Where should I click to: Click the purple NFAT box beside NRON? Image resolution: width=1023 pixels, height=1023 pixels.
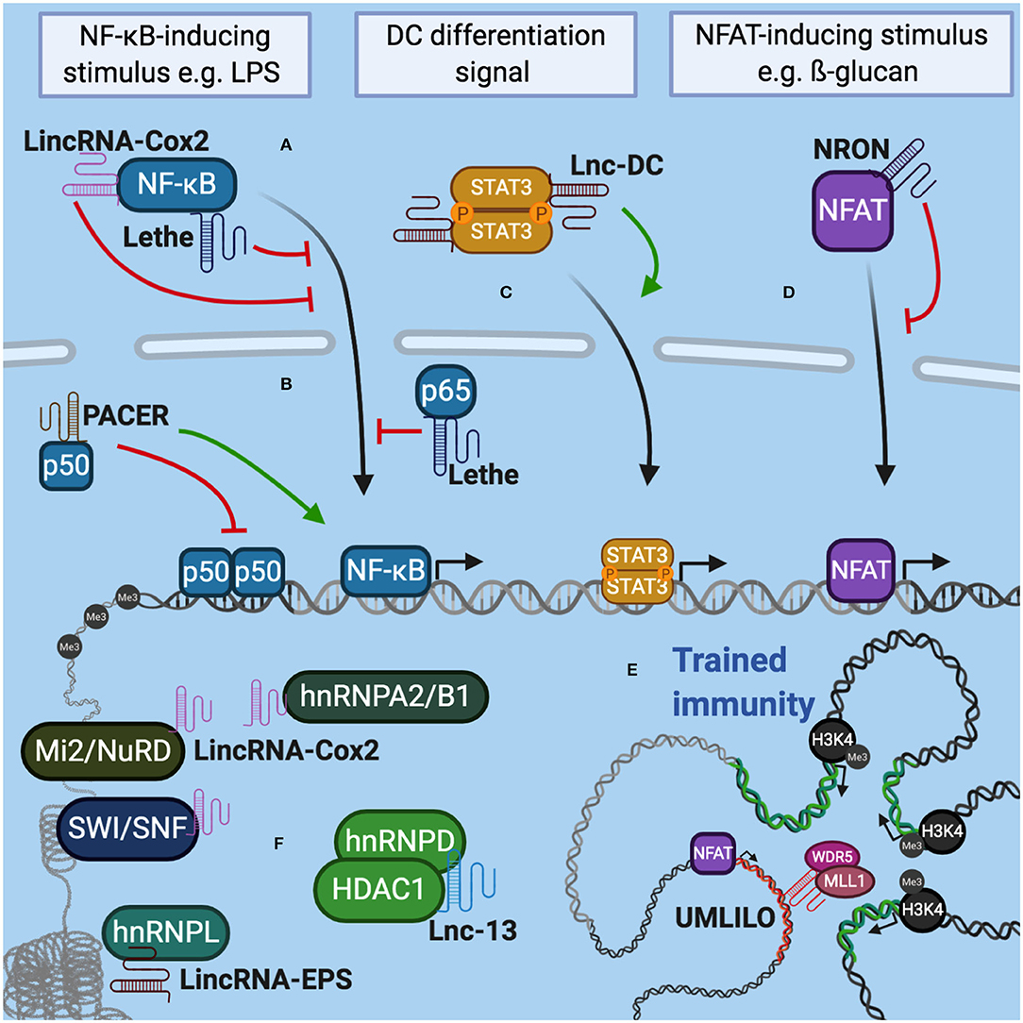(x=852, y=210)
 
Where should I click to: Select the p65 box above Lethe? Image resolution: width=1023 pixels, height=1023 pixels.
(x=445, y=392)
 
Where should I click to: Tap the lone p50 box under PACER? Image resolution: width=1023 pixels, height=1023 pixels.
(x=65, y=466)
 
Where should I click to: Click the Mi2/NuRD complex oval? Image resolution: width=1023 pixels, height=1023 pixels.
(x=103, y=751)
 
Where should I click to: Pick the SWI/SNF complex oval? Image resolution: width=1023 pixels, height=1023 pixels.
(x=128, y=829)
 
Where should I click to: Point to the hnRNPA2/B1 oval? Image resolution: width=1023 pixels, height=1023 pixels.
(x=386, y=696)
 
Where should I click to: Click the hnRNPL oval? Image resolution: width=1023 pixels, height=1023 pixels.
(x=166, y=932)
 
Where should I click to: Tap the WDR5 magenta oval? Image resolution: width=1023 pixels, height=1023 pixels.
(x=832, y=856)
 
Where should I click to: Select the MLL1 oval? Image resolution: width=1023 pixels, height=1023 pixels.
(x=845, y=881)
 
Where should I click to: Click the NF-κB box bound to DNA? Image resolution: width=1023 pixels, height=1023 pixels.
(x=386, y=571)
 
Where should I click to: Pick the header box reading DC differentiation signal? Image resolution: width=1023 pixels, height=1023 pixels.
(x=495, y=54)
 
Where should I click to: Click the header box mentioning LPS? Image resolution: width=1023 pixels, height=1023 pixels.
(x=175, y=55)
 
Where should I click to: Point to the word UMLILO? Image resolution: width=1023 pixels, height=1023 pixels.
(x=725, y=918)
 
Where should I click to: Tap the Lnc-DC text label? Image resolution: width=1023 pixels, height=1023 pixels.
(x=617, y=166)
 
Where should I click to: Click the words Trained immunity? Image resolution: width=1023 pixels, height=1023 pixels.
(x=744, y=682)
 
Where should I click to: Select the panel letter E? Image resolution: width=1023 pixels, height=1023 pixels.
(x=631, y=670)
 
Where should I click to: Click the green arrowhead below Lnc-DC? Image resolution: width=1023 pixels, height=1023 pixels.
(x=650, y=287)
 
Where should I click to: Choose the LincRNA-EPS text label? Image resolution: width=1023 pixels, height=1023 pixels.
(x=265, y=980)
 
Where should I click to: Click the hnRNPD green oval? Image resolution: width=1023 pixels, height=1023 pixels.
(x=400, y=840)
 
